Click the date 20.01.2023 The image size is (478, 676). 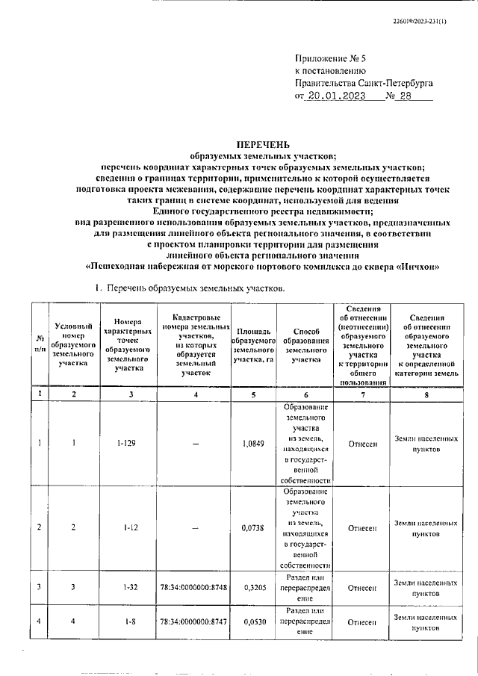point(337,96)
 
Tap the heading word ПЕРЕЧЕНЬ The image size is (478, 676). point(263,143)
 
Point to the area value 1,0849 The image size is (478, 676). point(253,443)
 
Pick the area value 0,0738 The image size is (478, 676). point(253,527)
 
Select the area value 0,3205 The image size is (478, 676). point(253,588)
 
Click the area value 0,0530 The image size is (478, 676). point(253,621)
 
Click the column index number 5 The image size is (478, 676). point(253,394)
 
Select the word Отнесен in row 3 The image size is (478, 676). point(362,588)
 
